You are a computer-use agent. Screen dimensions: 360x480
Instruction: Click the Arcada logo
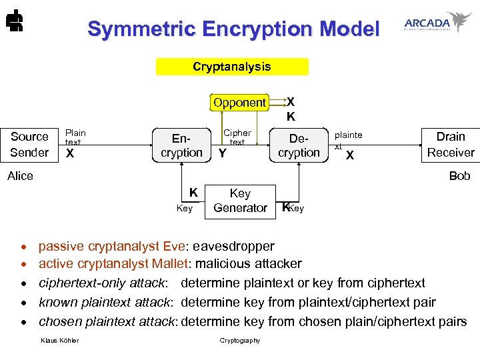pos(437,22)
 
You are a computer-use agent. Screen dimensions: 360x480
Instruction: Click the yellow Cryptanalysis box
pos(232,67)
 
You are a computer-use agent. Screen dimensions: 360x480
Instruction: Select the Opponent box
pos(239,103)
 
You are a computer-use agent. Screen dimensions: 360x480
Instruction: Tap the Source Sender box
pos(29,145)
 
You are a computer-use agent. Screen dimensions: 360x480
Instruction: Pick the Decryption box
pos(299,145)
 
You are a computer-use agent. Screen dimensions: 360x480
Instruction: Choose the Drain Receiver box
pos(451,145)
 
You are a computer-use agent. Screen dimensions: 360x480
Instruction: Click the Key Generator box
pos(240,201)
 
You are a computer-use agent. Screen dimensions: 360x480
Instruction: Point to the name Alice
pos(20,176)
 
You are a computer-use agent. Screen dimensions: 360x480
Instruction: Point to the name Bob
pos(459,176)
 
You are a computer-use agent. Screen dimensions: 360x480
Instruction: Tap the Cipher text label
pos(237,137)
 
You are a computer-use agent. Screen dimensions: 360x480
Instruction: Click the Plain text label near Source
pos(75,137)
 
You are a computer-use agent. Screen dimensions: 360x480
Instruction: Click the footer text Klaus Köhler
pos(59,341)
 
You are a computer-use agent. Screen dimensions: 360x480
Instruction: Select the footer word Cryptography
pos(240,341)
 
